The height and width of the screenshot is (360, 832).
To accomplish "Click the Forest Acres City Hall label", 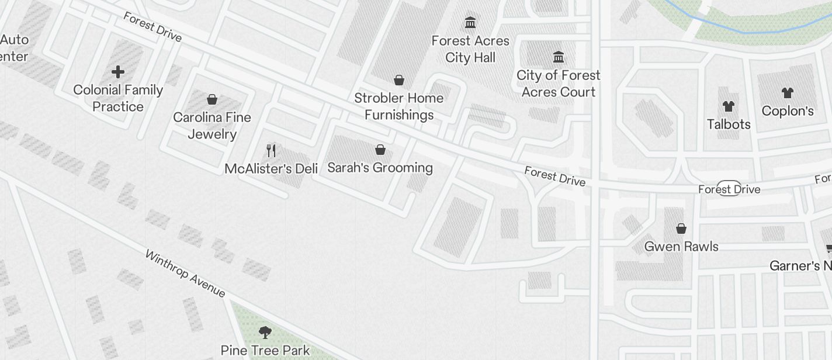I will pos(470,49).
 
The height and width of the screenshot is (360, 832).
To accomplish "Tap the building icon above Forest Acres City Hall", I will pos(470,23).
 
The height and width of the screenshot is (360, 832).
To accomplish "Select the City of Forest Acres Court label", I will pos(559,84).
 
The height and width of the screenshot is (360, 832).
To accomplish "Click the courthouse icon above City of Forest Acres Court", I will pos(559,57).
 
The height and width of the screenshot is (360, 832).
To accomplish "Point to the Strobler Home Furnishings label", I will pos(399,106).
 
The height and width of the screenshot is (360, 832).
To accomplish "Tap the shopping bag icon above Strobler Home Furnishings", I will pos(399,80).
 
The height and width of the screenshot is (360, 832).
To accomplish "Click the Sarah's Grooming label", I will pos(380,168).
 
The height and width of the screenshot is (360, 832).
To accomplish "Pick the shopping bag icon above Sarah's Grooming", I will pos(380,150).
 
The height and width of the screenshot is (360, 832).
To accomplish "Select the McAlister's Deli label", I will pos(271,169).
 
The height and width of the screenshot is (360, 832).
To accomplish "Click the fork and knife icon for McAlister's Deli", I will pos(271,151).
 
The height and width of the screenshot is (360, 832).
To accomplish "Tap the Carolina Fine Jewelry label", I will pos(212,126).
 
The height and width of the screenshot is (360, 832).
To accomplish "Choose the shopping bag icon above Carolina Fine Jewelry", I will pos(212,99).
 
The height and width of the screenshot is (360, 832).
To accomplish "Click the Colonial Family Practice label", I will pos(118,98).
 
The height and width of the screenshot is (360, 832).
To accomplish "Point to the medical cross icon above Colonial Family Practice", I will pos(118,72).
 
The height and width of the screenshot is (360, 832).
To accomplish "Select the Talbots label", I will pos(729,124).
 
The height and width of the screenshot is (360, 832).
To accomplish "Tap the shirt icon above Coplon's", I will pos(788,92).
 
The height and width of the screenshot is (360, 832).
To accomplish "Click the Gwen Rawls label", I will pos(681,247).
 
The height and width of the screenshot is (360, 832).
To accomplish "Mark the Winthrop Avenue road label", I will pos(185,274).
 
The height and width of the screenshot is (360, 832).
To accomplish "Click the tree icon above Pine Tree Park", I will pos(265,333).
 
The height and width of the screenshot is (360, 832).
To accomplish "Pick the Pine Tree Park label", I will pos(265,351).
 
